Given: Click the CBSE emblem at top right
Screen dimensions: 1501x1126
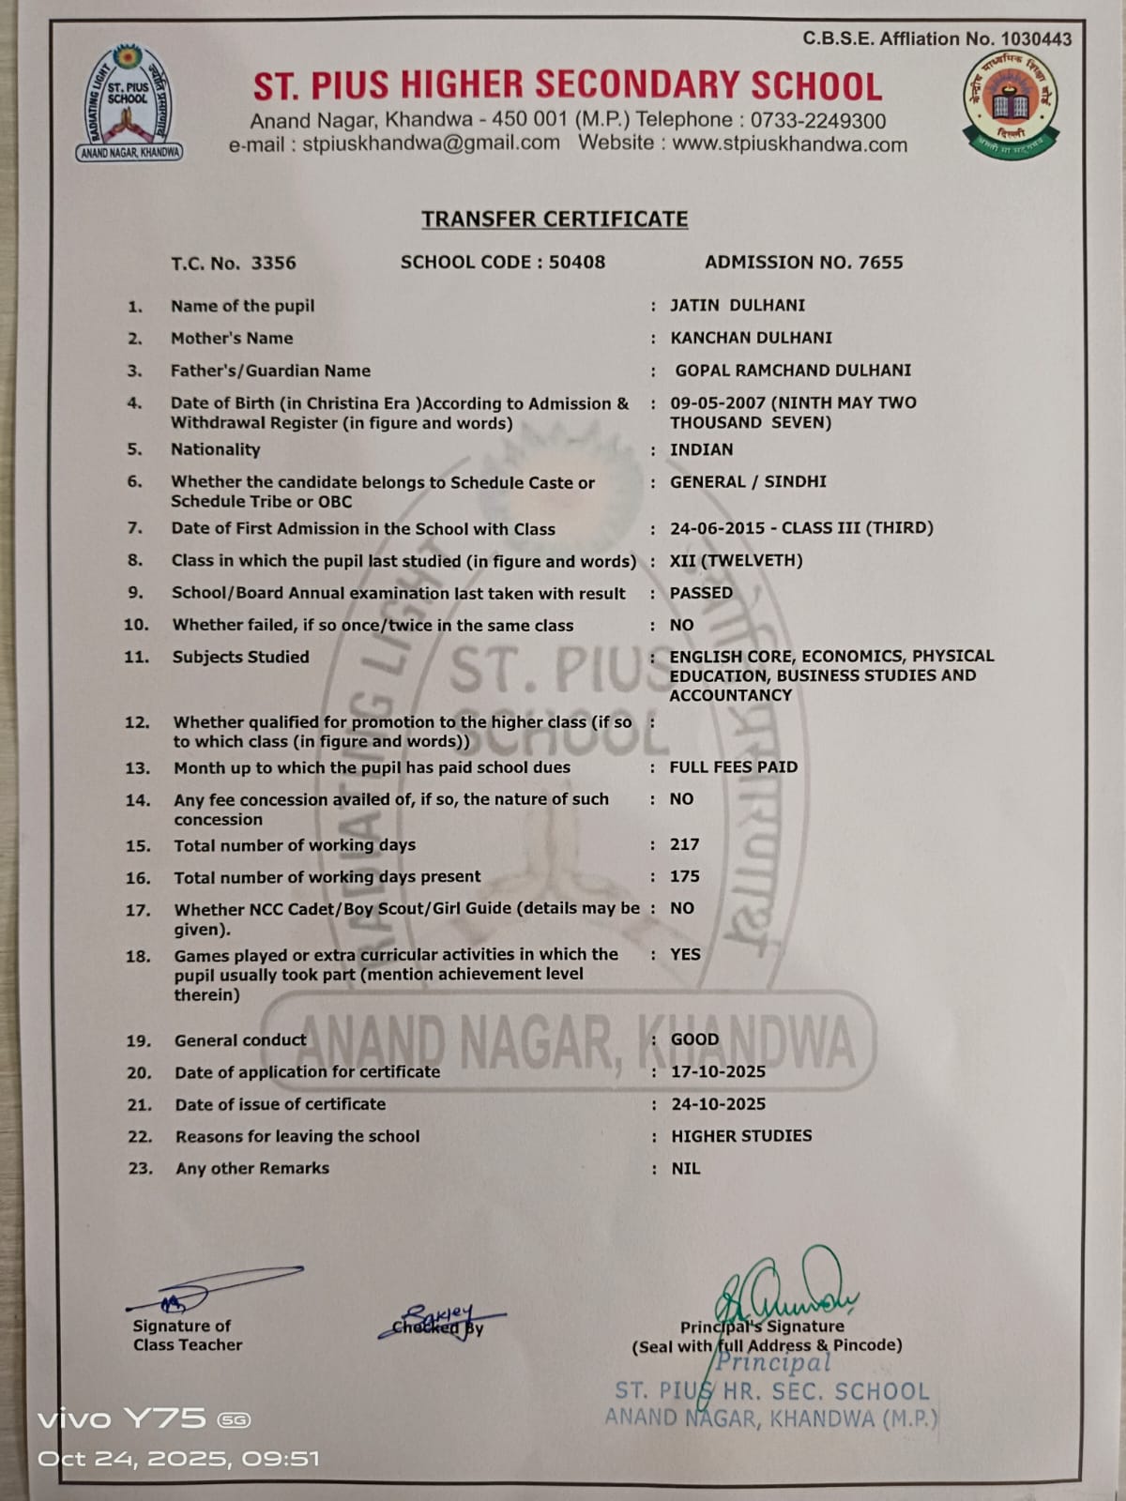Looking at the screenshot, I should tap(1011, 104).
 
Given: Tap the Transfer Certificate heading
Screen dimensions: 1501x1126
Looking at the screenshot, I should tap(555, 219).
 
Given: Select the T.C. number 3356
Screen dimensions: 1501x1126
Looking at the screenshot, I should tap(273, 263).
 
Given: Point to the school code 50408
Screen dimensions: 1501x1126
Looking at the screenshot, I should tap(576, 262).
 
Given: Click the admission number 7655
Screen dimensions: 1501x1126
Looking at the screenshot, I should tap(880, 262).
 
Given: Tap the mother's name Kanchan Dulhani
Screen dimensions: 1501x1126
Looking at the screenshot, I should tap(751, 337).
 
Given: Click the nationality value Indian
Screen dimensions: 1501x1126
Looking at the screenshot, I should tap(701, 449).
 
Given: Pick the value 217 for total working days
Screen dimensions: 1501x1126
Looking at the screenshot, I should tap(684, 844).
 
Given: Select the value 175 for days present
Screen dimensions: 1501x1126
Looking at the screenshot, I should tap(684, 876).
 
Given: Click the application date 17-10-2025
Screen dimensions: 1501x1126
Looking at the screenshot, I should tap(718, 1071).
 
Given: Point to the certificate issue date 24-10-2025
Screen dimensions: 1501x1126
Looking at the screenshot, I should tap(718, 1104).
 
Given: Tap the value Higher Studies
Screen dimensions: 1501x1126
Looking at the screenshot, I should tap(741, 1136).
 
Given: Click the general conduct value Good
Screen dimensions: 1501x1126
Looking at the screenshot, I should tap(694, 1039).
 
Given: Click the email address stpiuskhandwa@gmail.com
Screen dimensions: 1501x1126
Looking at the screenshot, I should tap(431, 144).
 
